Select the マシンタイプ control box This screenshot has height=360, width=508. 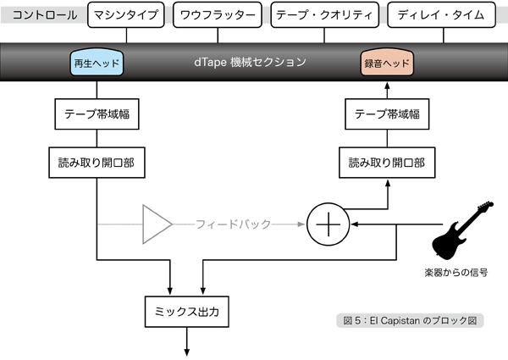125,15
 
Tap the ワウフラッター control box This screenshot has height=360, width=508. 218,15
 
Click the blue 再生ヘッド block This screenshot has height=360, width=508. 97,64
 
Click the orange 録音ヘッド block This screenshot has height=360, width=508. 387,64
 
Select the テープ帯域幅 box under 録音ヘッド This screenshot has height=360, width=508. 387,114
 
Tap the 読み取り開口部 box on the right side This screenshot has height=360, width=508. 387,160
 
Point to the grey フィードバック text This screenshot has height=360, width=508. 233,224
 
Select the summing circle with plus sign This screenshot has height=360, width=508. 325,224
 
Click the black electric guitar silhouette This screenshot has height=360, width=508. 461,230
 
